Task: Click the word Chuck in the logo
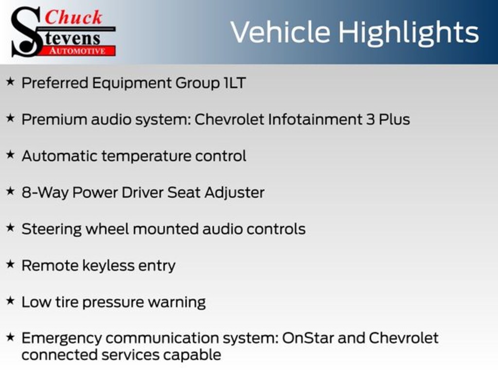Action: (73, 17)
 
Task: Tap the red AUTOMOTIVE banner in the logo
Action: (78, 51)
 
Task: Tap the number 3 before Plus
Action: (370, 120)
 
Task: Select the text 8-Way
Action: (45, 193)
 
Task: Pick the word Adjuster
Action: (234, 193)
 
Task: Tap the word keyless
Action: (108, 266)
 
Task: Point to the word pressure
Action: (112, 302)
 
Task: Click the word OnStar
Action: (307, 338)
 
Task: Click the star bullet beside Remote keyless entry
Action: (11, 264)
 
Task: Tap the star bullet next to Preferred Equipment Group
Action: (11, 81)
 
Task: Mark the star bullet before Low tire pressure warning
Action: (11, 300)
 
